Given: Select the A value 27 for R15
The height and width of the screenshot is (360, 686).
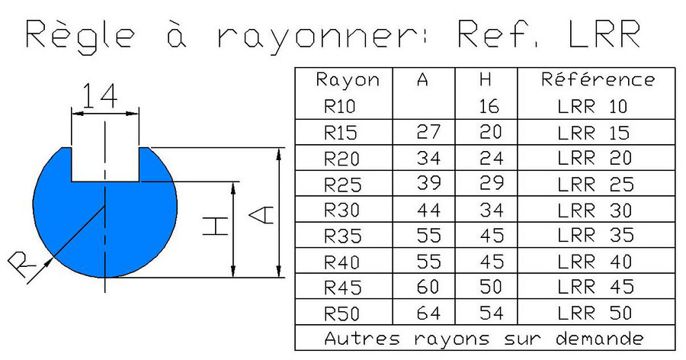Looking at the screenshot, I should click(x=428, y=132).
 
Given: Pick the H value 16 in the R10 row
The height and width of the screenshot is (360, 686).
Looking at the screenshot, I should click(x=489, y=107).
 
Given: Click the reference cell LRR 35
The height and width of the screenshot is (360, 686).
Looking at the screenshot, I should click(x=595, y=236).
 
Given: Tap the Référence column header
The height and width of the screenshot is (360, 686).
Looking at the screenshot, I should click(x=598, y=79).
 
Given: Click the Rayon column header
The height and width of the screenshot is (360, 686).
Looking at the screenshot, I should click(x=347, y=79).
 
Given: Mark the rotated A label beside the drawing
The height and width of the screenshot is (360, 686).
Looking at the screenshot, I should click(x=260, y=214).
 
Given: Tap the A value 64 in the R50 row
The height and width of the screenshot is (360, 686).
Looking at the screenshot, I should click(x=428, y=313).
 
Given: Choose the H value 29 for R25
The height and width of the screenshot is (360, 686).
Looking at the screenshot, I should click(x=489, y=184).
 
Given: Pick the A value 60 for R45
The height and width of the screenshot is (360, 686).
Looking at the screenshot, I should click(x=428, y=288).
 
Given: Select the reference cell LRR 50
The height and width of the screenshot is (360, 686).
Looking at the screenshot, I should click(x=595, y=313).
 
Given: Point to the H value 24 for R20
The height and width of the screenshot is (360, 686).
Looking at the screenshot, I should click(x=489, y=158).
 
